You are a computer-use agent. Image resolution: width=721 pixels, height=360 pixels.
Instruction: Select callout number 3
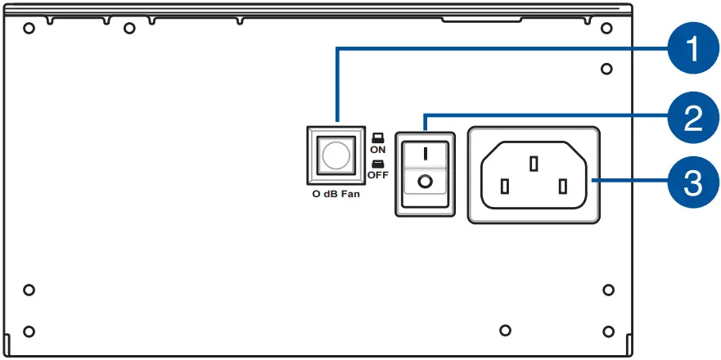point(692,182)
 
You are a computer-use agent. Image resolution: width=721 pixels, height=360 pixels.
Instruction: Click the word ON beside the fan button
point(377,150)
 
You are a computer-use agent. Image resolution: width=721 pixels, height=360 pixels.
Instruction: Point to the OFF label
point(378,174)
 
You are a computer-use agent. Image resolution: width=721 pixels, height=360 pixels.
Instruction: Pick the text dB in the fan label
point(330,195)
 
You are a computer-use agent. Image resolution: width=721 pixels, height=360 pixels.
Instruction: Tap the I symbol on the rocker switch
point(423,151)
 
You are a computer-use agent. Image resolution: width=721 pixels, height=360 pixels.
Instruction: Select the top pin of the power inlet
point(534,164)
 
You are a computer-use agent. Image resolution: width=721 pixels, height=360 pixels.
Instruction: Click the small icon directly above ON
point(377,138)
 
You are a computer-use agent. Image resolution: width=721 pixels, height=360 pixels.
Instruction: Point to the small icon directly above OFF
point(377,164)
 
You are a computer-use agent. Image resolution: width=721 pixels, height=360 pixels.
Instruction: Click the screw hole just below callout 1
point(606,69)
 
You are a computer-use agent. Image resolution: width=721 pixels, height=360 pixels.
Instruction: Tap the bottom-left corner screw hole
point(29,331)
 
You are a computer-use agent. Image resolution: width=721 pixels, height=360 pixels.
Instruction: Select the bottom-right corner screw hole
point(607,331)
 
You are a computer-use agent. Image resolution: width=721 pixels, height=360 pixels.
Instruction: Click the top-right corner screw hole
point(606,29)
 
